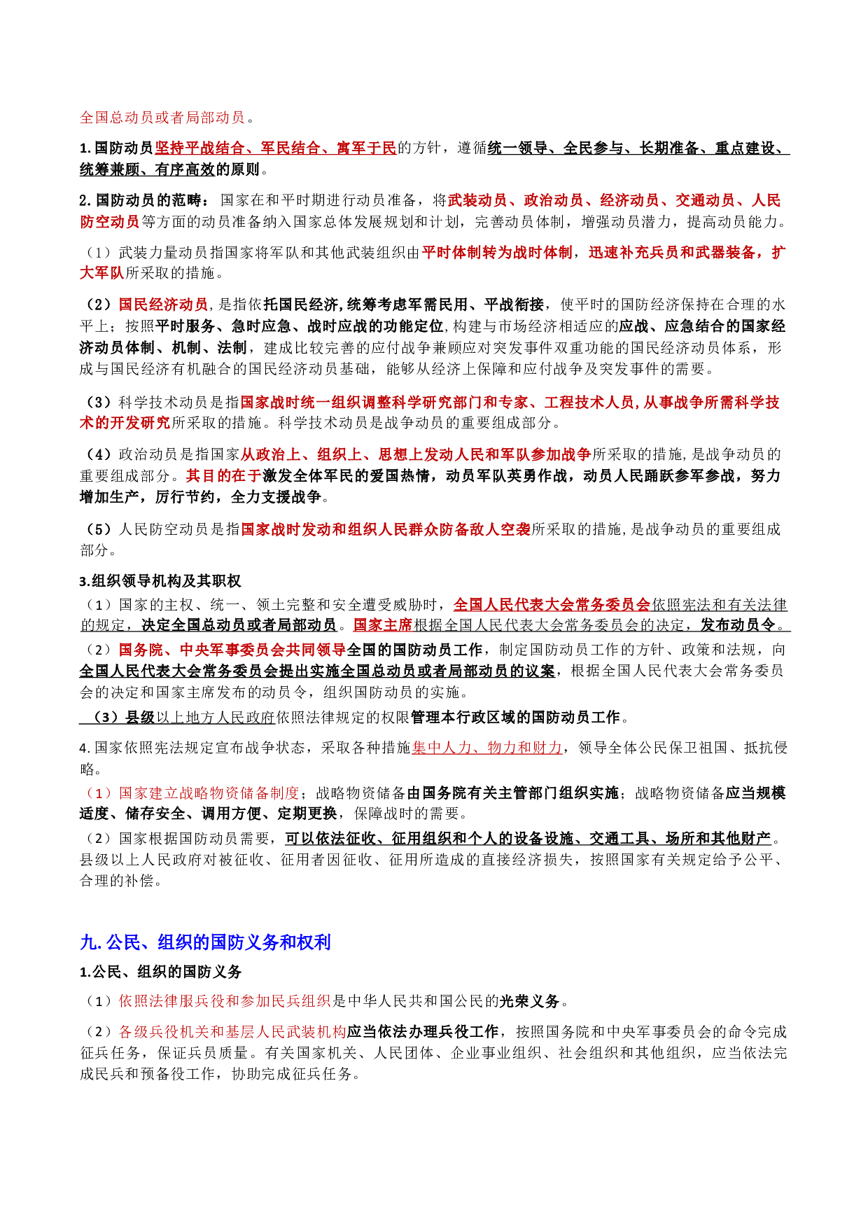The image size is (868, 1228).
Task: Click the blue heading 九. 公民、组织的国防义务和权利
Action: [x=205, y=942]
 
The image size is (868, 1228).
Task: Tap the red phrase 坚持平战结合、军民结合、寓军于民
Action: [x=275, y=148]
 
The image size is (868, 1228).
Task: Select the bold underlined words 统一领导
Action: [x=518, y=148]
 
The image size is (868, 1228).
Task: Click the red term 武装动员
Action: [x=477, y=201]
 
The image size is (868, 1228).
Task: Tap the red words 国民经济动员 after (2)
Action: [x=163, y=305]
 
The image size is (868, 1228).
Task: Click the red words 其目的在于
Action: [x=223, y=476]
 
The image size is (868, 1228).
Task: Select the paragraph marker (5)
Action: [x=98, y=529]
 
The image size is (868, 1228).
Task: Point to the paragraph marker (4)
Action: [x=98, y=455]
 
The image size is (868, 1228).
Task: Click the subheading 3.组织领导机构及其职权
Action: [x=160, y=581]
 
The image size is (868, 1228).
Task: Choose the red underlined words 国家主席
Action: [x=382, y=625]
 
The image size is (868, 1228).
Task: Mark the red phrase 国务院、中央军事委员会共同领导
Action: [x=232, y=650]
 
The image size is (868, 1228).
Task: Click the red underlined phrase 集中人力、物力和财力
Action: [x=486, y=748]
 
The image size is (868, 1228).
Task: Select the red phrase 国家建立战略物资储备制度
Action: [x=209, y=793]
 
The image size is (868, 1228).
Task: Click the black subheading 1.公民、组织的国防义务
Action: [x=160, y=972]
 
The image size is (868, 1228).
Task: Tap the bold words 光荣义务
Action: [x=529, y=1001]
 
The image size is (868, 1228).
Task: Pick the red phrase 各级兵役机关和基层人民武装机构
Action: [x=232, y=1032]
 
